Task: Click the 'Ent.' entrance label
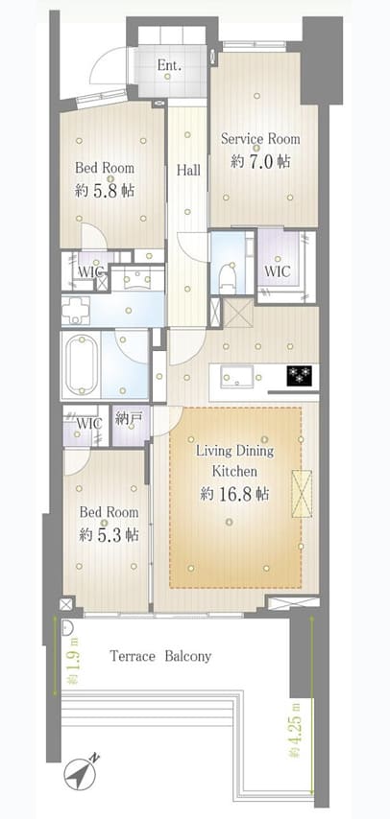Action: pos(170,66)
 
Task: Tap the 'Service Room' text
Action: pos(260,139)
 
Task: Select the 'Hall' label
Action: pos(188,171)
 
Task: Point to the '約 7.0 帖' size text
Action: pos(260,161)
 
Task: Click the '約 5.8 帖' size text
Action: pos(105,191)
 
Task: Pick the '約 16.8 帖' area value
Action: pos(234,494)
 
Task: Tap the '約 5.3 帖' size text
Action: pos(109,535)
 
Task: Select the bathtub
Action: pos(81,364)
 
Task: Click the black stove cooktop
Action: pos(299,375)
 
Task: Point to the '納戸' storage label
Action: pos(126,418)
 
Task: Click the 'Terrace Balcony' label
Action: pos(160,657)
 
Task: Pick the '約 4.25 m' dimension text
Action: pos(296,731)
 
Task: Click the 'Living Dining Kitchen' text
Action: pos(234,460)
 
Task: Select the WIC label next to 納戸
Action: pos(89,423)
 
